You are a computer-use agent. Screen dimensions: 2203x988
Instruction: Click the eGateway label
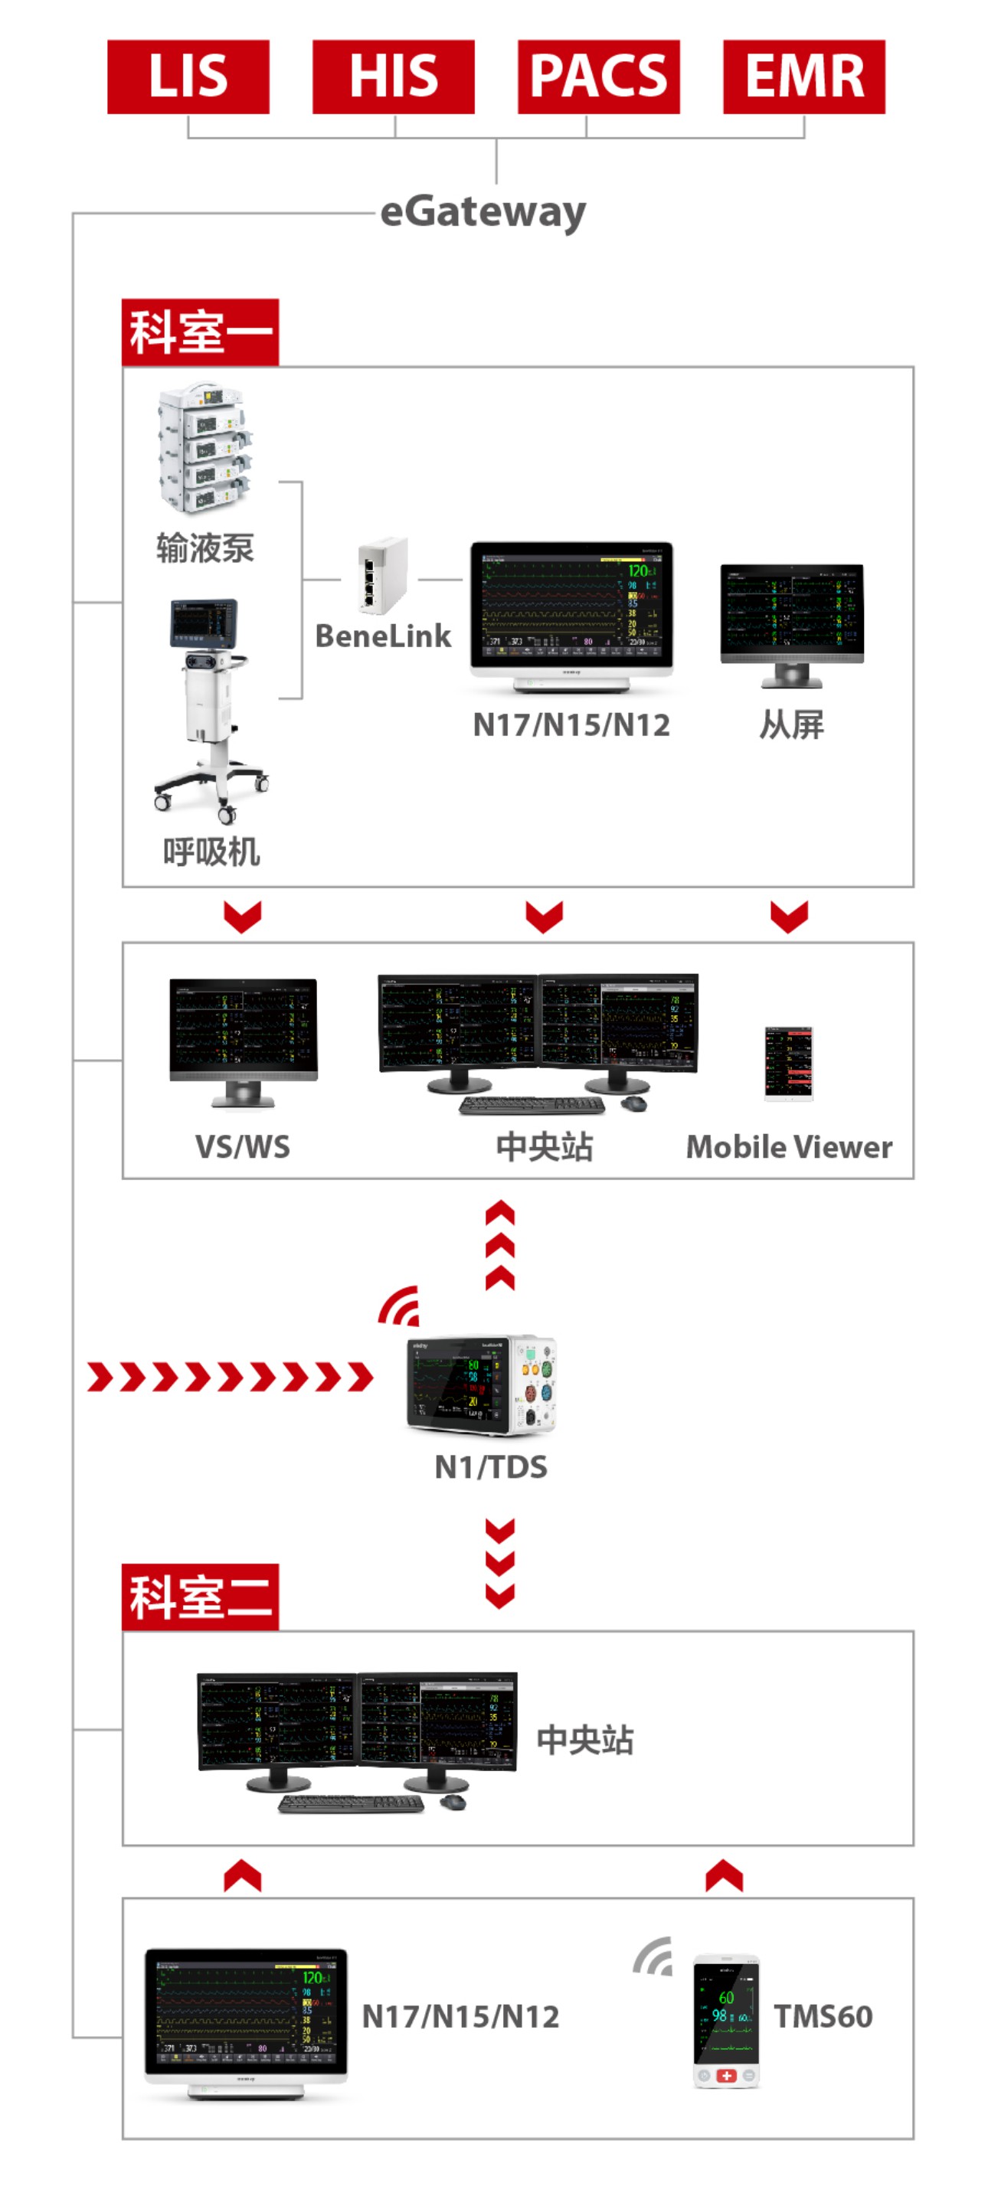pos(483,211)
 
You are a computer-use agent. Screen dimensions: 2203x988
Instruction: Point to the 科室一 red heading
pos(199,332)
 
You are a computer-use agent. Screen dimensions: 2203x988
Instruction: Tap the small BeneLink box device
pos(381,576)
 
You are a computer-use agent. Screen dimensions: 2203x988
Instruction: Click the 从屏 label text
pos(790,725)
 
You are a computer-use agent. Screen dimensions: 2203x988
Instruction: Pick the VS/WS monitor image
pos(243,1041)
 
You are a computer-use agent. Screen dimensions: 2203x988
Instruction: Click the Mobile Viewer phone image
pos(788,1062)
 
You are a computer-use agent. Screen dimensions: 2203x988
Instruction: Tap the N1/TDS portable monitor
pos(482,1384)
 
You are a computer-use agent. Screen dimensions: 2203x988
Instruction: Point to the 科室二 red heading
pos(199,1597)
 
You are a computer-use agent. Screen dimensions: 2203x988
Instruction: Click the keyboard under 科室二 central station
pos(351,1803)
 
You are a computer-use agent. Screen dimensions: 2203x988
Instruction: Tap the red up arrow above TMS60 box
pos(724,1875)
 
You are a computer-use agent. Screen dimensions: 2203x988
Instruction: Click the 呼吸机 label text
pos(211,851)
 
